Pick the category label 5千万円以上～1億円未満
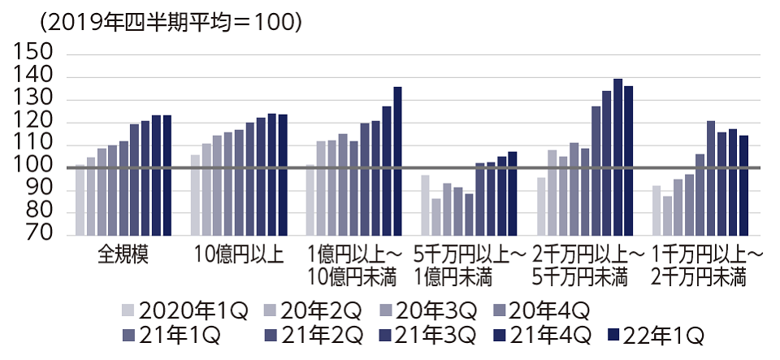(469, 266)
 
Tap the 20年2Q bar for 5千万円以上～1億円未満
(435, 216)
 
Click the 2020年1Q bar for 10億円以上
(195, 194)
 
